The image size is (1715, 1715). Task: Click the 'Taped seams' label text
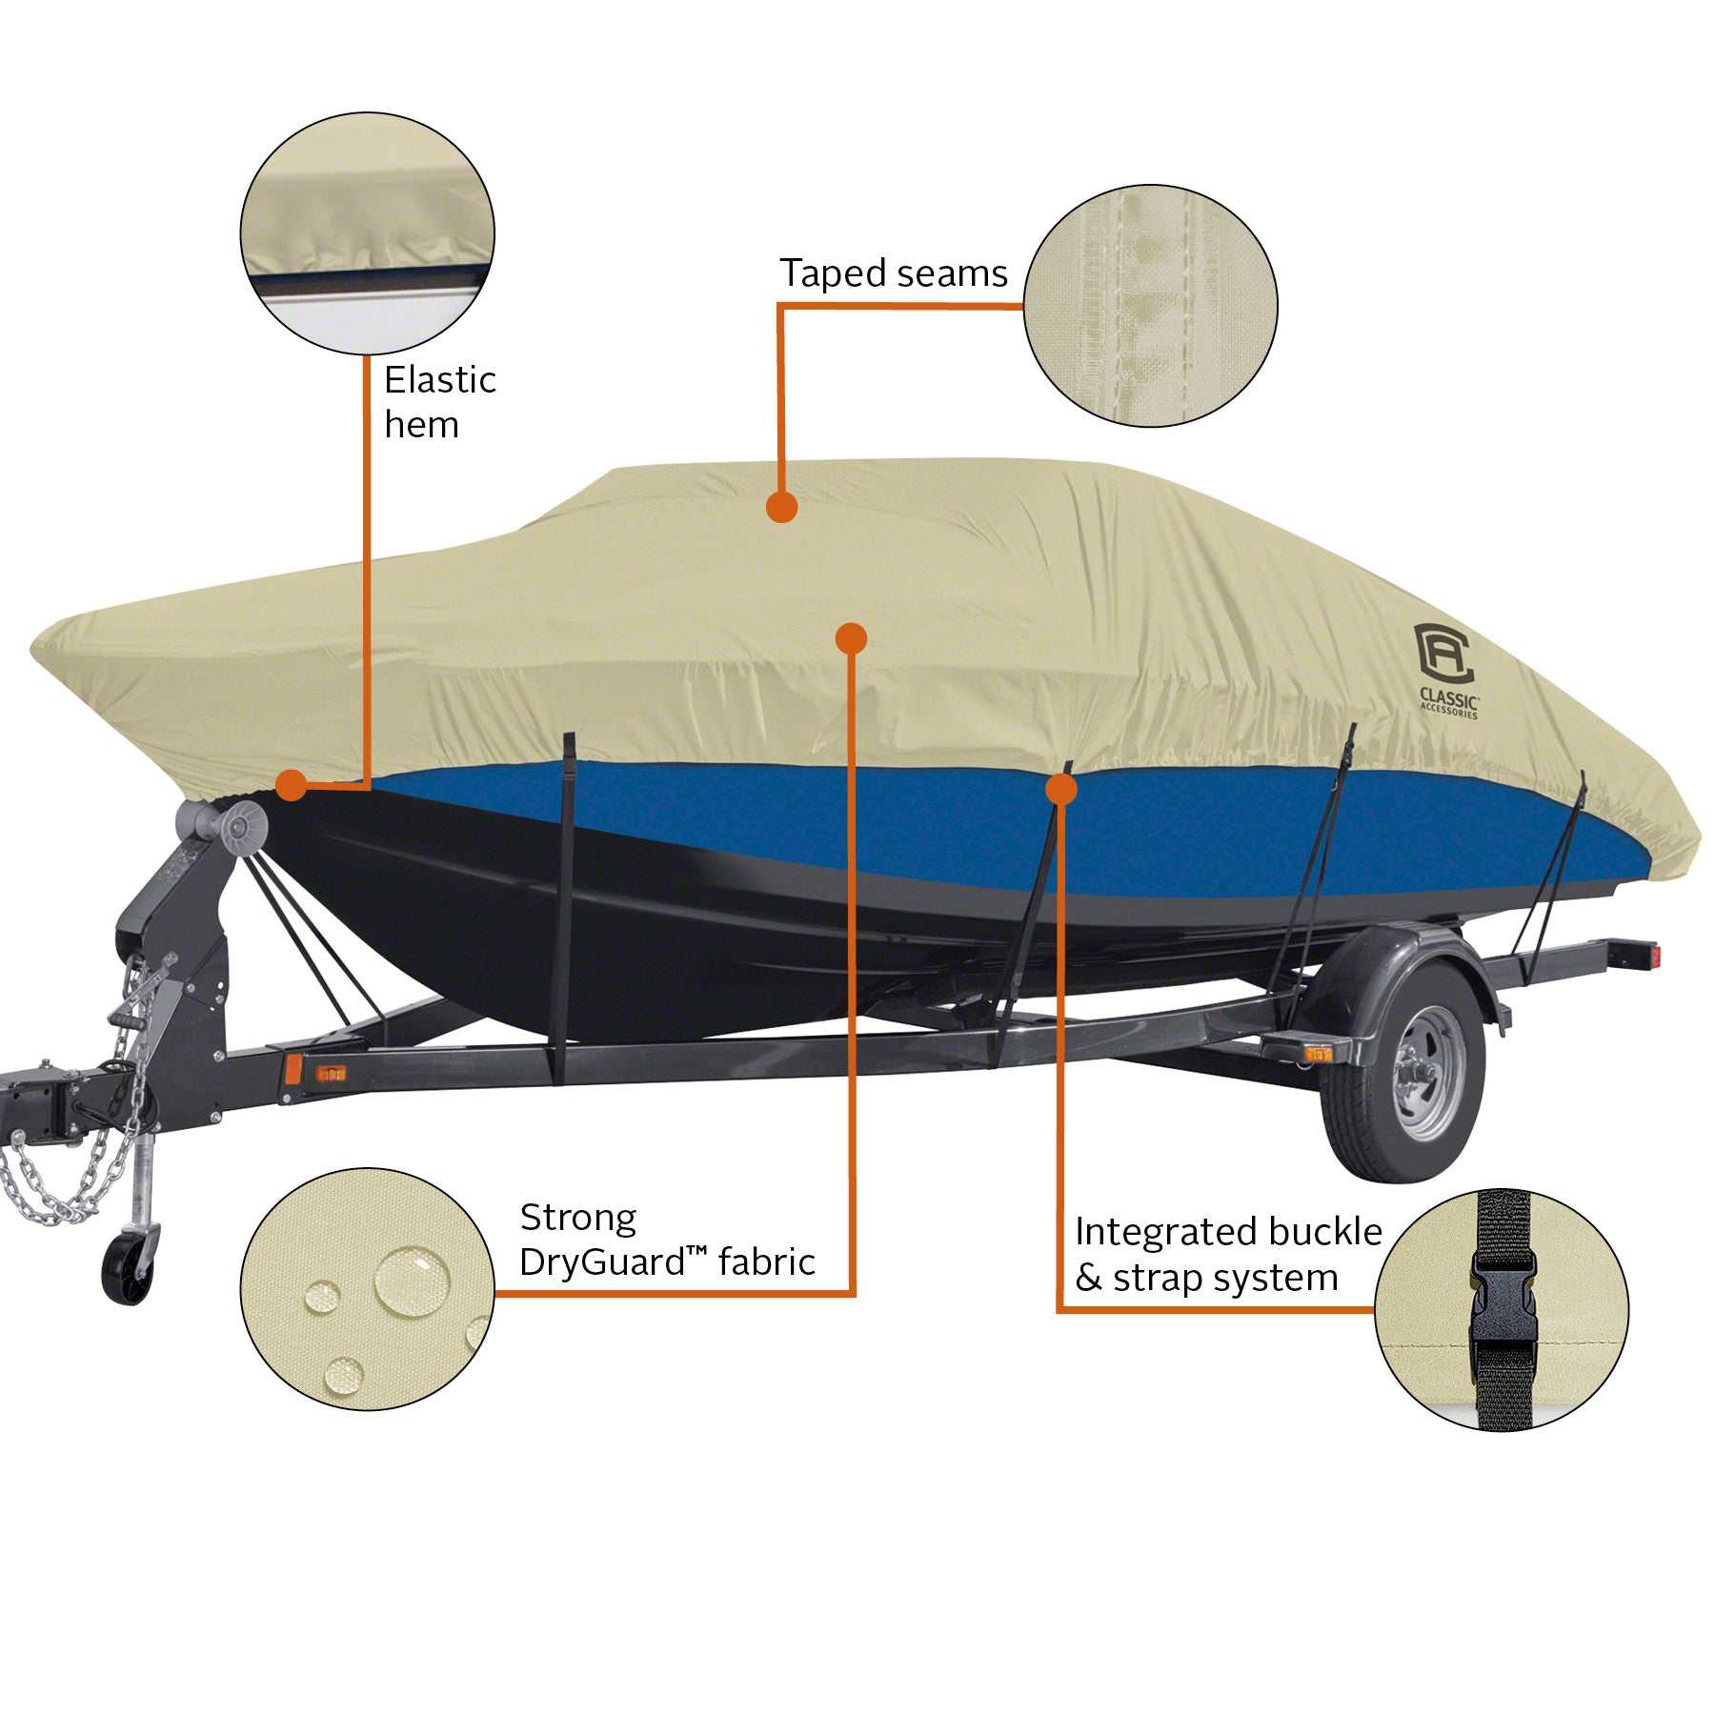tap(893, 274)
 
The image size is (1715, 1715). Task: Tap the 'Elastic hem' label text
tap(439, 401)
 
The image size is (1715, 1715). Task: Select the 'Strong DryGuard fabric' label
tap(666, 1240)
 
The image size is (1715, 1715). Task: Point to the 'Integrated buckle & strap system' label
tap(1227, 1254)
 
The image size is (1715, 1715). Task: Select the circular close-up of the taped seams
tap(1150, 306)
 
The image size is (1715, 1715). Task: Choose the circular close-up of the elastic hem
tap(367, 233)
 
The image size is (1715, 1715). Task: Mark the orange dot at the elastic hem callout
tap(291, 786)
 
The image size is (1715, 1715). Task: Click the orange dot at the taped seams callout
tap(781, 507)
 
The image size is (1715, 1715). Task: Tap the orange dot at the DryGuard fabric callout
tap(851, 637)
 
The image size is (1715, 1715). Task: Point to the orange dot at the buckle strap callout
tap(1060, 789)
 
